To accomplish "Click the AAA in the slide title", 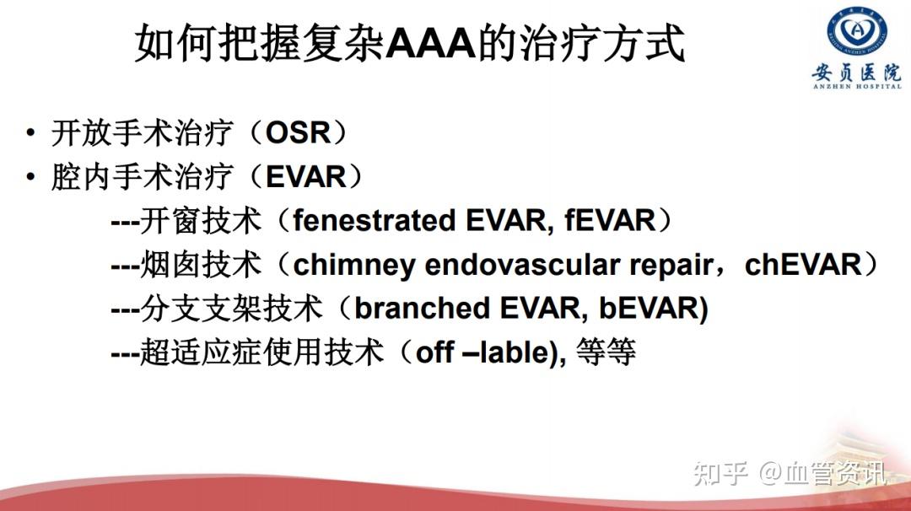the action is point(430,43).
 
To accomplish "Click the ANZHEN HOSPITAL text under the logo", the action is point(858,87).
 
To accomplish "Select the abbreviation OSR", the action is point(298,132).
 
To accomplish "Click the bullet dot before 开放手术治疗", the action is point(30,132).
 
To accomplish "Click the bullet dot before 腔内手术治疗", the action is point(30,176).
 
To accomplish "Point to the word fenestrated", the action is point(375,221).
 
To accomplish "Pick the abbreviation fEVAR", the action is point(610,221).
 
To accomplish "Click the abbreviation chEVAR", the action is point(803,265).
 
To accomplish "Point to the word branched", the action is point(422,309).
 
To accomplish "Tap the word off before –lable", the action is point(435,352).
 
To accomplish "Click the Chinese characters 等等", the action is point(606,352).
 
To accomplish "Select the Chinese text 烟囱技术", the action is point(201,265).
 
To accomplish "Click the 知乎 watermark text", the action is point(720,474).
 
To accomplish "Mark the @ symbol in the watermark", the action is point(770,474).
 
